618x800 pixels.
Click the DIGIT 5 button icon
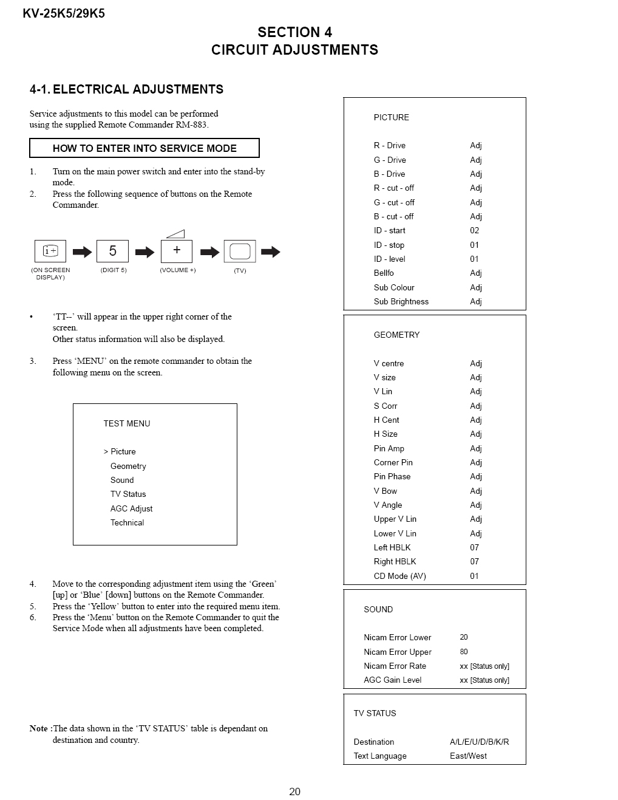pyautogui.click(x=112, y=251)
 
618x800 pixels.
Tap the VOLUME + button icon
pyautogui.click(x=177, y=251)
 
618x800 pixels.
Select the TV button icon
pyautogui.click(x=240, y=251)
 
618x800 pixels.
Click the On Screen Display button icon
pyautogui.click(x=50, y=251)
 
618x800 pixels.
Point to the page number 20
pyautogui.click(x=294, y=791)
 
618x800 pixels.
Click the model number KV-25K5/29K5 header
pyautogui.click(x=64, y=13)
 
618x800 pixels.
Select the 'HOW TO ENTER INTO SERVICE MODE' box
pyautogui.click(x=144, y=148)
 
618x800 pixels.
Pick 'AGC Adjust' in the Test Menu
pyautogui.click(x=131, y=508)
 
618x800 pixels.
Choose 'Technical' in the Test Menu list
pyautogui.click(x=127, y=522)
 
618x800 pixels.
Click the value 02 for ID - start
pyautogui.click(x=474, y=230)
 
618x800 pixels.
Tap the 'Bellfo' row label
pyautogui.click(x=384, y=273)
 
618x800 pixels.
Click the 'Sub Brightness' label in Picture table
pyautogui.click(x=401, y=301)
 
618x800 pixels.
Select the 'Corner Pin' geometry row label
pyautogui.click(x=393, y=462)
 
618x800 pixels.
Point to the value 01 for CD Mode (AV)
pyautogui.click(x=474, y=576)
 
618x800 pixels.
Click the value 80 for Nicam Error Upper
pyautogui.click(x=464, y=652)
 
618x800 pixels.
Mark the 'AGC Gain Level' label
pyautogui.click(x=392, y=680)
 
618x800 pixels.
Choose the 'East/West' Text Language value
pyautogui.click(x=468, y=756)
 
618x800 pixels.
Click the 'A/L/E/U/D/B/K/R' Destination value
pyautogui.click(x=479, y=742)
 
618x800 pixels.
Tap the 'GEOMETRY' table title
pyautogui.click(x=396, y=335)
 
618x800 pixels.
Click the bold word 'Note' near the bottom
pyautogui.click(x=39, y=728)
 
